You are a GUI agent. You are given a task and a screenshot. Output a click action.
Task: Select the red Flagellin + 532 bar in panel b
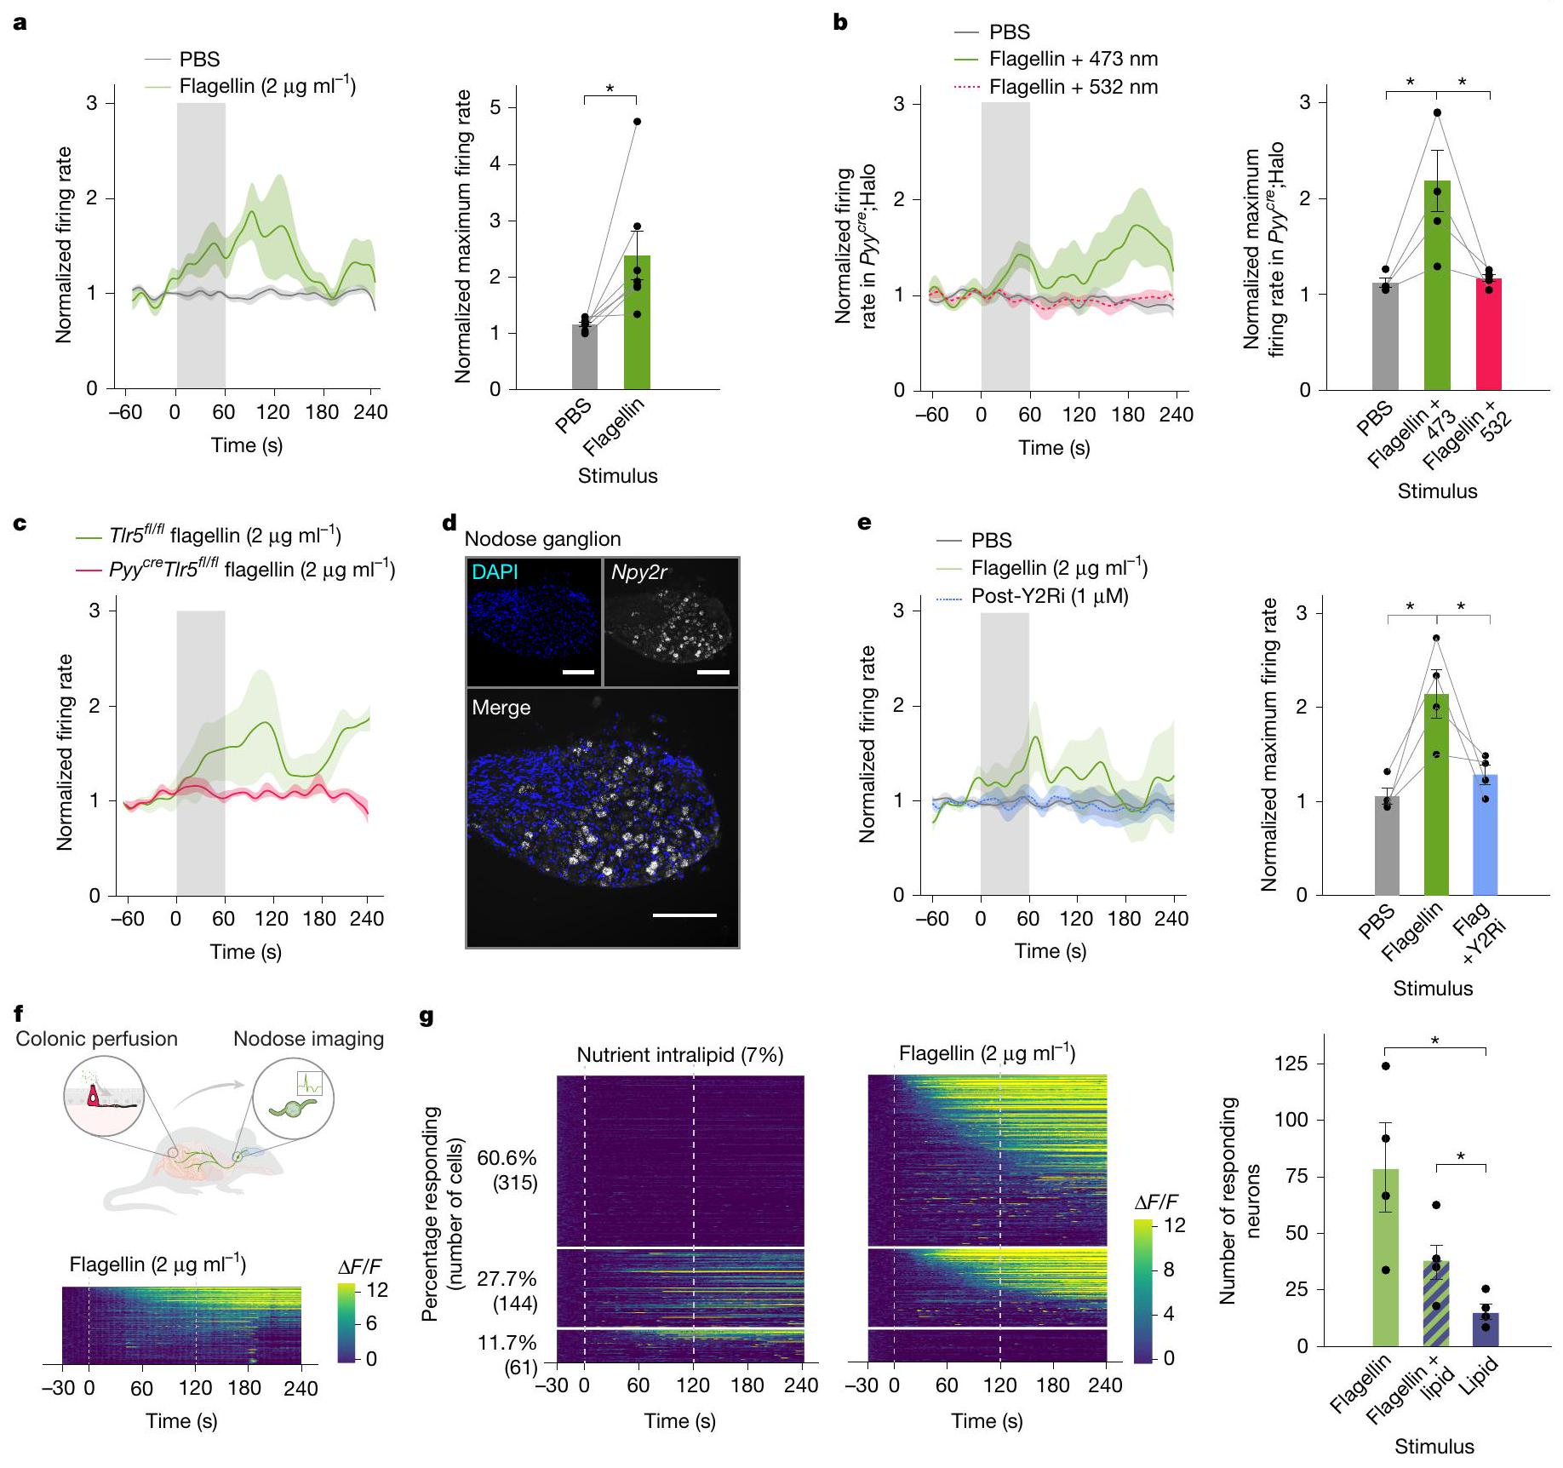[x=1488, y=336]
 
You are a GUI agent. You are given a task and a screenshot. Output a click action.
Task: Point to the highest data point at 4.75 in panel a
[x=637, y=122]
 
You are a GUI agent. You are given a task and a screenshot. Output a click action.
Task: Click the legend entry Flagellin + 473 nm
[x=1073, y=60]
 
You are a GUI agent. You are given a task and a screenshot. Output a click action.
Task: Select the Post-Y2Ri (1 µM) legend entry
[x=1049, y=596]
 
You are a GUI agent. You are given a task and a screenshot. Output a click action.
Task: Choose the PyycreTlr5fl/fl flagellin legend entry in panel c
[x=251, y=570]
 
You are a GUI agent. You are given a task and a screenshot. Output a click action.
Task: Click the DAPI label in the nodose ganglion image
[x=495, y=572]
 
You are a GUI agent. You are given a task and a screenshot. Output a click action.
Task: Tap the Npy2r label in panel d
[x=638, y=572]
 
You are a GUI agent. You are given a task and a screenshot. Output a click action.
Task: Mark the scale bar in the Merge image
[x=684, y=915]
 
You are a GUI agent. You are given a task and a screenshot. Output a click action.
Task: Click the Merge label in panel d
[x=501, y=708]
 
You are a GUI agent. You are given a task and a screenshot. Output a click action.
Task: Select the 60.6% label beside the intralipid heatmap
[x=507, y=1158]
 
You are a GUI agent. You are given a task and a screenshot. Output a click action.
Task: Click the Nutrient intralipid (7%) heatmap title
[x=679, y=1055]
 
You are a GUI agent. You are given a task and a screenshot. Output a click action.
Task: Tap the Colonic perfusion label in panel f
[x=97, y=1039]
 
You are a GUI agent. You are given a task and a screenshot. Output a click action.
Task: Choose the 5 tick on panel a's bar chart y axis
[x=495, y=107]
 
